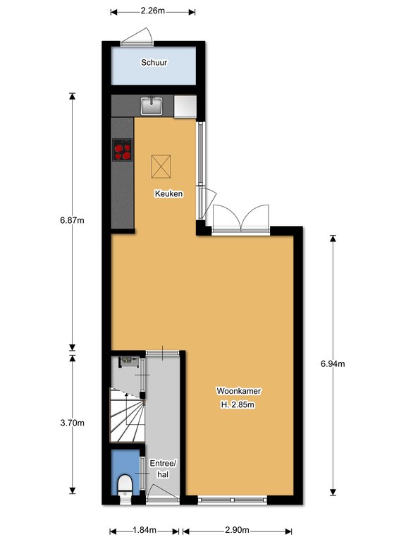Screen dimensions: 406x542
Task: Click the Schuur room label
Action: pos(154,63)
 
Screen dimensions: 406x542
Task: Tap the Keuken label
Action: pos(169,193)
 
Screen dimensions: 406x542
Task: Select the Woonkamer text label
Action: pos(238,391)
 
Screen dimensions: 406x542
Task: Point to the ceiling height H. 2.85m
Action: pos(238,404)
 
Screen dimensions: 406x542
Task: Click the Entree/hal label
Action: pos(163,469)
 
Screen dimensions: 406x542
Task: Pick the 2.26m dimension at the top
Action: pos(152,11)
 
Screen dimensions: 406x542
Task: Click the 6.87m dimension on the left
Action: pos(72,220)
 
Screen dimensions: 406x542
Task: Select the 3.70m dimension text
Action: pos(72,423)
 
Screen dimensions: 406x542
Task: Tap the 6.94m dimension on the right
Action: pos(333,363)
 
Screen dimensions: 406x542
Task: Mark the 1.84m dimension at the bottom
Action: pos(144,530)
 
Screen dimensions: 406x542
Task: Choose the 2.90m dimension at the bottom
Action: pos(237,530)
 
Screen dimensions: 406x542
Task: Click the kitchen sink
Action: pos(152,105)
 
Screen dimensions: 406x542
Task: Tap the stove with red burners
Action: pos(123,150)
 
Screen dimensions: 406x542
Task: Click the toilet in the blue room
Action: pos(125,485)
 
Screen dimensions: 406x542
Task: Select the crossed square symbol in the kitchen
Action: pos(161,167)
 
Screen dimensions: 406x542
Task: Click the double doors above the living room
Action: pos(241,218)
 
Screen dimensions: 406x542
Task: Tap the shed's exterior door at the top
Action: pos(137,37)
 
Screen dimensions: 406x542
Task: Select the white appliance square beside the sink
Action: pos(185,106)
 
